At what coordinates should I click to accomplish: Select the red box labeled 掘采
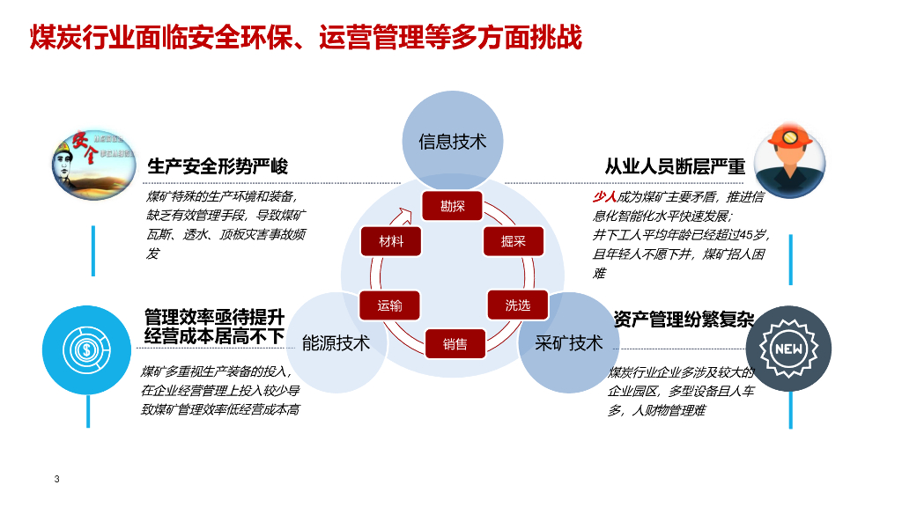[x=514, y=240]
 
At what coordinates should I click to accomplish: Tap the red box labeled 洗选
[x=518, y=305]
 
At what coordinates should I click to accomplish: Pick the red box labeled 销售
[x=455, y=343]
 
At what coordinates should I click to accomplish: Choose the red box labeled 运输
[x=390, y=305]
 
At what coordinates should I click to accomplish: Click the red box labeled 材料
[x=391, y=240]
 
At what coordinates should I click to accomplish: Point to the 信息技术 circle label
[x=453, y=141]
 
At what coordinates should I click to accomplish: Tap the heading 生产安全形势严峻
[x=218, y=166]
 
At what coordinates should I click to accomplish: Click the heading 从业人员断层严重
[x=675, y=166]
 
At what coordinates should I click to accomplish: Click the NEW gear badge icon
[x=788, y=349]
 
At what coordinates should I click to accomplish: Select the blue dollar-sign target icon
[x=87, y=349]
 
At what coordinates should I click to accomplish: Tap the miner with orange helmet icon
[x=790, y=160]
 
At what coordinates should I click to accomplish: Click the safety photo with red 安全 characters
[x=92, y=161]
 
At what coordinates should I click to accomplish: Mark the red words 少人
[x=604, y=197]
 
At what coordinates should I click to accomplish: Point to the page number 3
[x=57, y=480]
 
